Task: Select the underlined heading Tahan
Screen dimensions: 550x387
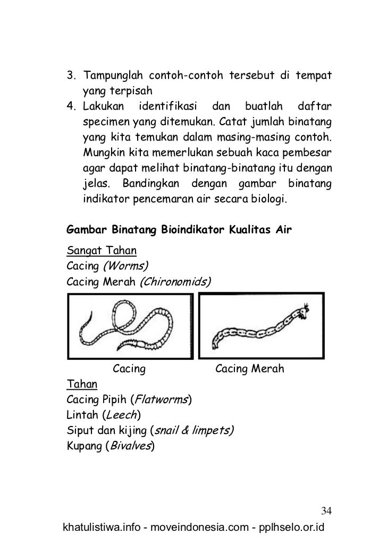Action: (x=81, y=383)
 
